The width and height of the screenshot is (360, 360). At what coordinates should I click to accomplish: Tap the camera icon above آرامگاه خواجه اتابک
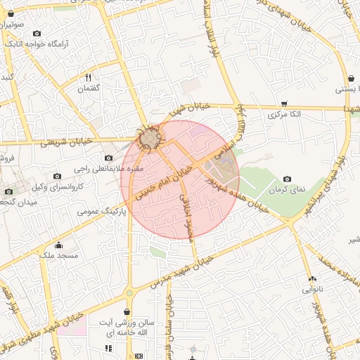37,33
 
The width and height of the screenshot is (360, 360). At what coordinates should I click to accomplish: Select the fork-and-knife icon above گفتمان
89,77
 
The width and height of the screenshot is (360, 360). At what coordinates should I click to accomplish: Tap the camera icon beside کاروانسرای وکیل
57,176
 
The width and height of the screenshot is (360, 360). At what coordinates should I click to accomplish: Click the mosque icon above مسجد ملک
58,245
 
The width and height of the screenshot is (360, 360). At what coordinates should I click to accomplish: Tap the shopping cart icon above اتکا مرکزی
284,103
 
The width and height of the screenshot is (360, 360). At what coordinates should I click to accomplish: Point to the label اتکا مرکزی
284,114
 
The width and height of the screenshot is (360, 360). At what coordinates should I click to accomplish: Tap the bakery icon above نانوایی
311,278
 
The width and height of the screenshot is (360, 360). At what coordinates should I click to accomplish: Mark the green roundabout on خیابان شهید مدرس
129,293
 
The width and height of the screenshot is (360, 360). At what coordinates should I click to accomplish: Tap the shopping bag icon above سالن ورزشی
127,311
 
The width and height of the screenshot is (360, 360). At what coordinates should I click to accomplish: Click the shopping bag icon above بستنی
349,77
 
